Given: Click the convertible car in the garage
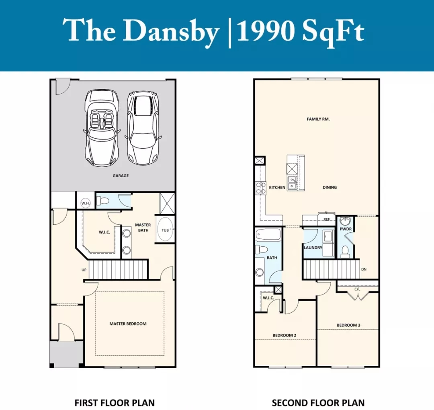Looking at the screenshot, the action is [102, 128].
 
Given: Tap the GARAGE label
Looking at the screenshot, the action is [121, 176].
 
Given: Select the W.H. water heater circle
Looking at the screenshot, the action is [86, 203].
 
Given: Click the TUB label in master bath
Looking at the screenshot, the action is [165, 230].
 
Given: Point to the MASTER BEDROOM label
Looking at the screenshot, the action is [128, 324].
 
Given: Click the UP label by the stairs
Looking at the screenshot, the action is [84, 270].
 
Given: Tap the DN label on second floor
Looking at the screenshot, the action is [364, 269].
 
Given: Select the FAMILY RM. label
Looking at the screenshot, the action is [318, 119].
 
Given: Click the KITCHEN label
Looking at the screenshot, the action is [277, 187].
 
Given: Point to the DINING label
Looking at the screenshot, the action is [330, 187].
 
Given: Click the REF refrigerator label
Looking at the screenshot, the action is [327, 219].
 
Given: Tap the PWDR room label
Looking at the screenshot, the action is [346, 229].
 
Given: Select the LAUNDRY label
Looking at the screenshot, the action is [313, 248].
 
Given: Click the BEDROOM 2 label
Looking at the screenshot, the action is [284, 335].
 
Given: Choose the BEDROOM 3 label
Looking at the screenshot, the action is [348, 325].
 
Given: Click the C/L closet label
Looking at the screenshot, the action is [357, 289].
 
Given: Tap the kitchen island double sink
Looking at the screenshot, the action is [292, 183].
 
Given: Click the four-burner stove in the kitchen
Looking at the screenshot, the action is [260, 188].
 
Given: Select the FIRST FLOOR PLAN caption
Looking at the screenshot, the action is [115, 402].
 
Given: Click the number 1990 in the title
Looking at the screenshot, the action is [266, 31].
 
